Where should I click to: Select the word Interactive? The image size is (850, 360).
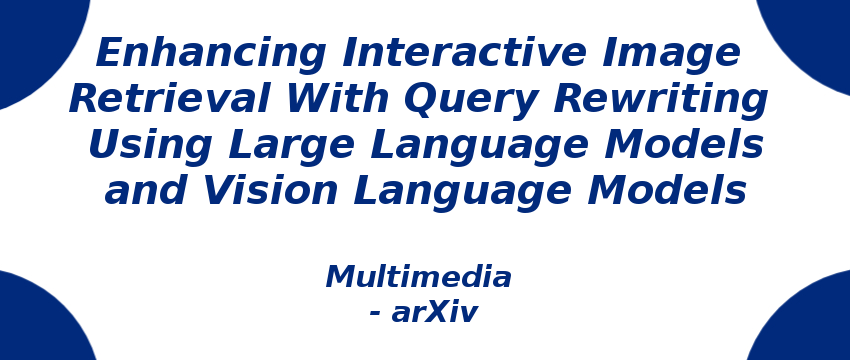click(x=464, y=52)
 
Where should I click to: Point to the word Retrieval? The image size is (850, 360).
click(x=169, y=99)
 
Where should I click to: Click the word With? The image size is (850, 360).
click(x=336, y=99)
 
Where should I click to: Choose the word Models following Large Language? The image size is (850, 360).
click(x=684, y=145)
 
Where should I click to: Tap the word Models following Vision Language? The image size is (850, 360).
click(x=667, y=191)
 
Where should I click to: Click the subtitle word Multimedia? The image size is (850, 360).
click(x=418, y=277)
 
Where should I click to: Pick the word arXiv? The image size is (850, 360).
click(x=435, y=312)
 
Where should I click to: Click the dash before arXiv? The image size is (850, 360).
click(x=375, y=314)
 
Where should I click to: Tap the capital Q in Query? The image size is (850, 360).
click(x=421, y=101)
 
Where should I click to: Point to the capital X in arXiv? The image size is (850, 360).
click(x=439, y=312)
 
